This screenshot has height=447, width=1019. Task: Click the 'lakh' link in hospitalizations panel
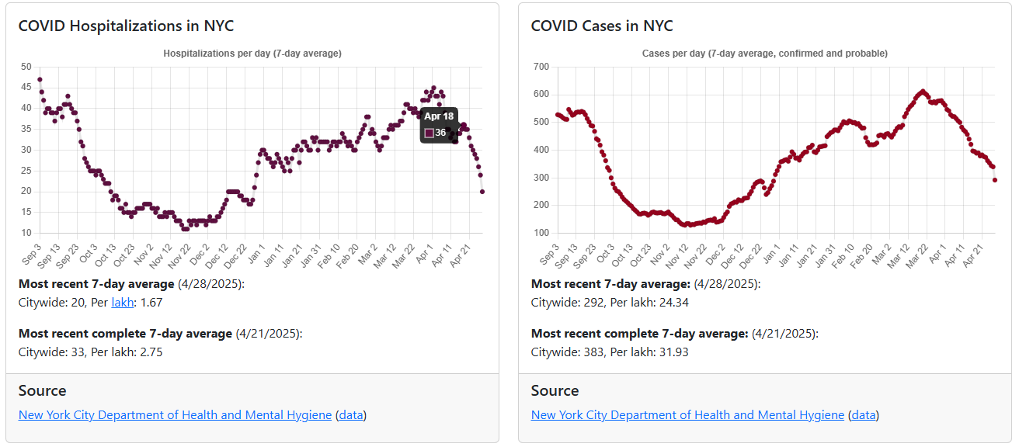pyautogui.click(x=123, y=303)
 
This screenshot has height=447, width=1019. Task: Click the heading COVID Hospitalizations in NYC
pyautogui.click(x=126, y=26)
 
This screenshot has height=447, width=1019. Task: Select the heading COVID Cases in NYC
pyautogui.click(x=602, y=26)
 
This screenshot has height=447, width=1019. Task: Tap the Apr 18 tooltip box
pyautogui.click(x=439, y=124)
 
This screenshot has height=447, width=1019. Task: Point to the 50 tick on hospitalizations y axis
pyautogui.click(x=26, y=67)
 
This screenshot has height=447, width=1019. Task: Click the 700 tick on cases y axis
pyautogui.click(x=540, y=67)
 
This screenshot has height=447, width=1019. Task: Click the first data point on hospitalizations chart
pyautogui.click(x=40, y=79)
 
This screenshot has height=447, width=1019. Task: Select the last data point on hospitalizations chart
pyautogui.click(x=482, y=192)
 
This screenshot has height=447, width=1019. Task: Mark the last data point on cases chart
pyautogui.click(x=995, y=180)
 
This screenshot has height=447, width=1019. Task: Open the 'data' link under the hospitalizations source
pyautogui.click(x=351, y=415)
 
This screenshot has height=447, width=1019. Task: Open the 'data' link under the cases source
pyautogui.click(x=864, y=415)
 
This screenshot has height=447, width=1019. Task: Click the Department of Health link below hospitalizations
pyautogui.click(x=175, y=415)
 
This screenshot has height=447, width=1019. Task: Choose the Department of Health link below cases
pyautogui.click(x=687, y=415)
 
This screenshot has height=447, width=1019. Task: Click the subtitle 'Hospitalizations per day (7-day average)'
pyautogui.click(x=252, y=54)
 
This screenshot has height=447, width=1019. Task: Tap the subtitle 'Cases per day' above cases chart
pyautogui.click(x=765, y=54)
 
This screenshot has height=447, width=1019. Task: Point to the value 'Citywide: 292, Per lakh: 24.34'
pyautogui.click(x=610, y=303)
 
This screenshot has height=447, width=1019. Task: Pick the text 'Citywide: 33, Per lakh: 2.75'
pyautogui.click(x=90, y=352)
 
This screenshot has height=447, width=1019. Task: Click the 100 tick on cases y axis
pyautogui.click(x=540, y=233)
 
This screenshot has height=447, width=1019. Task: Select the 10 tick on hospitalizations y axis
pyautogui.click(x=26, y=233)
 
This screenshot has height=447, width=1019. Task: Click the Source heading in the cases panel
pyautogui.click(x=555, y=390)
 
